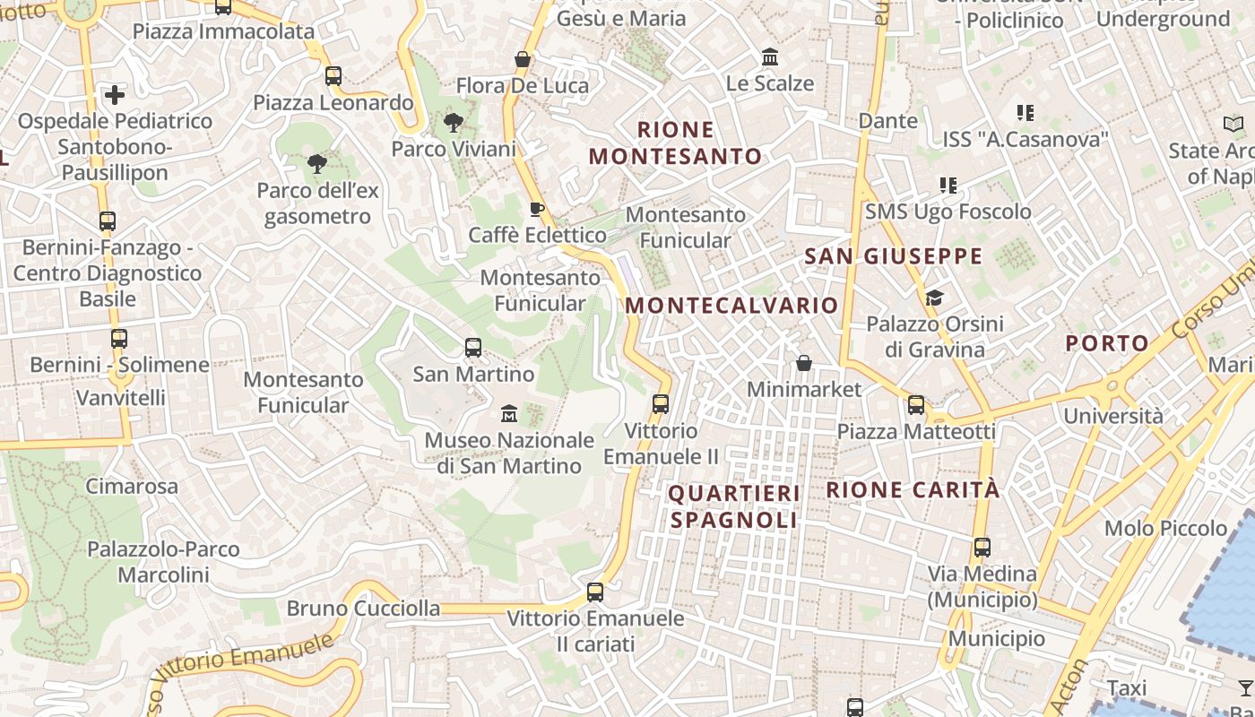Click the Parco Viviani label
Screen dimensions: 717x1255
coord(454,149)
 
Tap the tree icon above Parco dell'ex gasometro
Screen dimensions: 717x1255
coord(316,163)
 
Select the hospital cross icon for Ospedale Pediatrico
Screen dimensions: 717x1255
coord(115,94)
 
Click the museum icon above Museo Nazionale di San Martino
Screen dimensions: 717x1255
coord(509,414)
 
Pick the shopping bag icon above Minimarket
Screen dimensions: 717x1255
coord(804,363)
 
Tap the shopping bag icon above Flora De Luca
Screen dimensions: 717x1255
coord(523,60)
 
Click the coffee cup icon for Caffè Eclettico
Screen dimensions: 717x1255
coord(537,210)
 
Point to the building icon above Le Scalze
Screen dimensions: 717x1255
coord(769,57)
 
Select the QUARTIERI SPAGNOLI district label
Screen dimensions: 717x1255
coord(733,506)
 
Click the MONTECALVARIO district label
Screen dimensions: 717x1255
coord(731,305)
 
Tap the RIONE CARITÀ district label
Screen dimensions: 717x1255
coord(913,490)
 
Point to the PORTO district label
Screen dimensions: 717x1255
coord(1107,342)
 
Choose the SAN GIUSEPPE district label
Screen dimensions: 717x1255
coord(893,256)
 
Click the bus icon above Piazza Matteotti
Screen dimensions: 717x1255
coord(915,405)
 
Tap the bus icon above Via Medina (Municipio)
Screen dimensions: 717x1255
coord(982,547)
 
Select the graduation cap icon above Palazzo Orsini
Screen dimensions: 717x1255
coord(934,298)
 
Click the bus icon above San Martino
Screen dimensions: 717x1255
coord(472,348)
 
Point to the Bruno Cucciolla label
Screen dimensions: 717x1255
coord(363,609)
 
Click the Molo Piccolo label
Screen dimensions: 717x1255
coord(1165,528)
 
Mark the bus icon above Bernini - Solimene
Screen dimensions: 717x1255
coord(118,339)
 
